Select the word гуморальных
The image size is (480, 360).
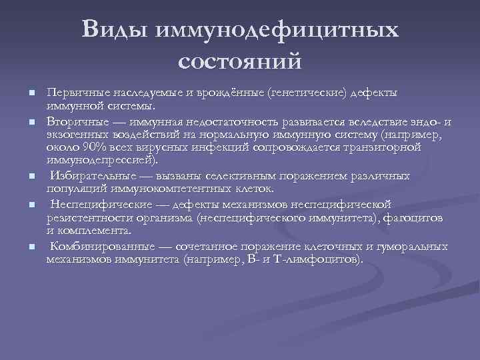point(412,247)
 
